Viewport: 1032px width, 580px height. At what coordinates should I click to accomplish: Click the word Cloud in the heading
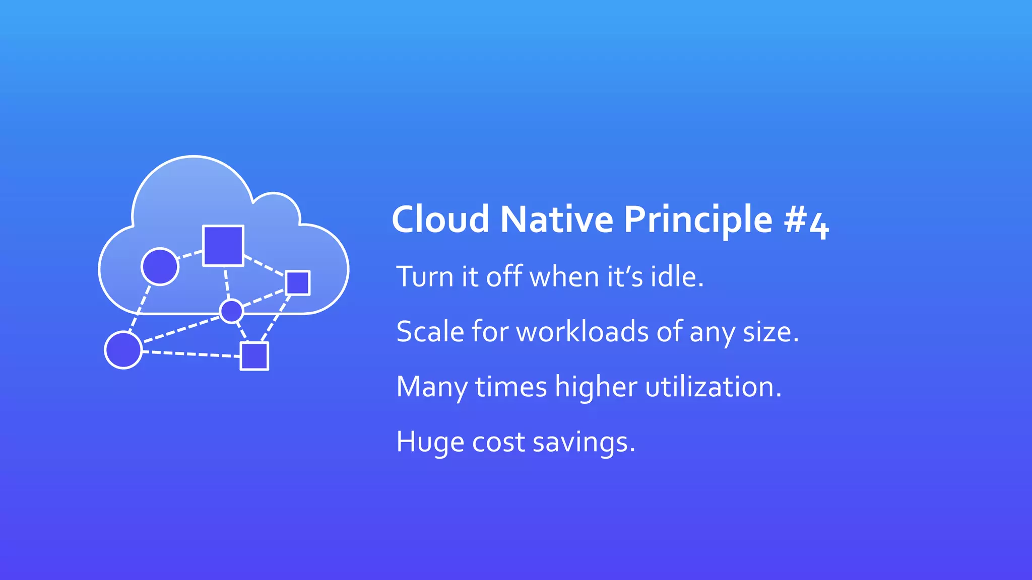440,220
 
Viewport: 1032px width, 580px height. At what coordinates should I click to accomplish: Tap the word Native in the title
556,220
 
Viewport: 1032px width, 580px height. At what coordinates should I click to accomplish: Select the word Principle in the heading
698,220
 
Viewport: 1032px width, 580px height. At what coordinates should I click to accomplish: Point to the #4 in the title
806,222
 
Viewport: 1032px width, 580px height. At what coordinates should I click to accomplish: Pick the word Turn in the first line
425,277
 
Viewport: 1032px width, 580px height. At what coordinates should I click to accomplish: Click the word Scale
430,332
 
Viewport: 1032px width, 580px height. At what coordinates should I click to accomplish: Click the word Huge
430,443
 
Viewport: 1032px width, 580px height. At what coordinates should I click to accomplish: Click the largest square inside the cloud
223,245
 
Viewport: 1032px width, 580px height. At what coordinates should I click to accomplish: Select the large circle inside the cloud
160,267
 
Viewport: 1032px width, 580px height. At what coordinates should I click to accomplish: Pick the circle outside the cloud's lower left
123,350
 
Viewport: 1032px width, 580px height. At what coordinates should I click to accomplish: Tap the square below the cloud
254,356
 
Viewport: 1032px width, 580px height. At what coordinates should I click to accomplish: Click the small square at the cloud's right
297,282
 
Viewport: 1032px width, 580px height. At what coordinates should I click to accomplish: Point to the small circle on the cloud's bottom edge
232,311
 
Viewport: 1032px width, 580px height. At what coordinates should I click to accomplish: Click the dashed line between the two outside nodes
190,354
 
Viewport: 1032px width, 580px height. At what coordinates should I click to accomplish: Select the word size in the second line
770,332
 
